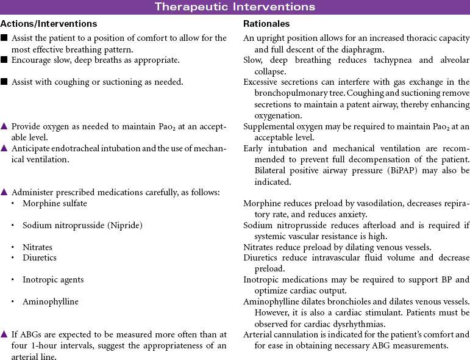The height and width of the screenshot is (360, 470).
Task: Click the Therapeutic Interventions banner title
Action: point(235,7)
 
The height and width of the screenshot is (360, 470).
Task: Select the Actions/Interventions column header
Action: point(49,24)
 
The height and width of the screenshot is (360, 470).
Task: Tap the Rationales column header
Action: point(266,24)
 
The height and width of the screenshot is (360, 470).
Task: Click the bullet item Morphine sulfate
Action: point(55,203)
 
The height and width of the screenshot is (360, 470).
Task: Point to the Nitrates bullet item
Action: point(37,247)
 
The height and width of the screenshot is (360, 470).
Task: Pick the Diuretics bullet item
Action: point(40,257)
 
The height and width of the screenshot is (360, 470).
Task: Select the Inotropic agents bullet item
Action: point(53,279)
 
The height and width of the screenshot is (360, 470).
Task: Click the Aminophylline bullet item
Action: point(51,301)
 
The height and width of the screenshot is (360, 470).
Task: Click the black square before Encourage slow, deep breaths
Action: point(4,60)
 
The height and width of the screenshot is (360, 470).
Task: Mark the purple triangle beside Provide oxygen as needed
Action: point(4,126)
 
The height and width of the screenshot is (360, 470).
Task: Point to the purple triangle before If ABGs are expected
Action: point(4,334)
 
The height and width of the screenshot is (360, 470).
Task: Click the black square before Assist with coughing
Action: point(4,82)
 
